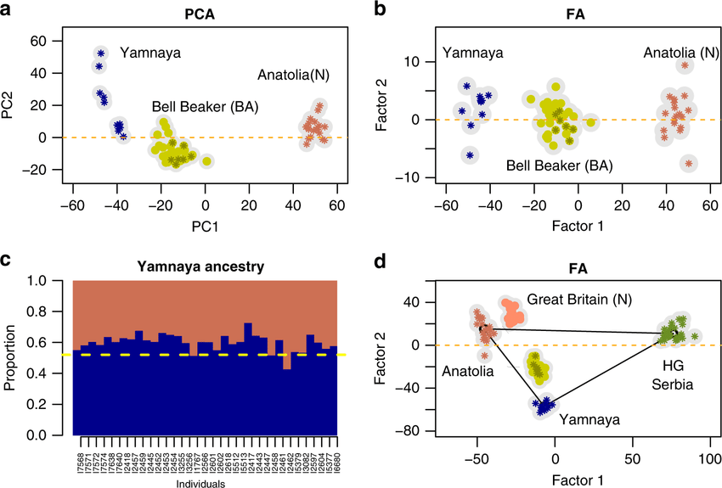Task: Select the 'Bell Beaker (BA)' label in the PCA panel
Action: (x=205, y=107)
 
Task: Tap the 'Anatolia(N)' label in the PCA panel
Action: (x=293, y=76)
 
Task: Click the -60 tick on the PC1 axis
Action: (x=73, y=204)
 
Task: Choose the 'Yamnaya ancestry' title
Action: (x=205, y=266)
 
